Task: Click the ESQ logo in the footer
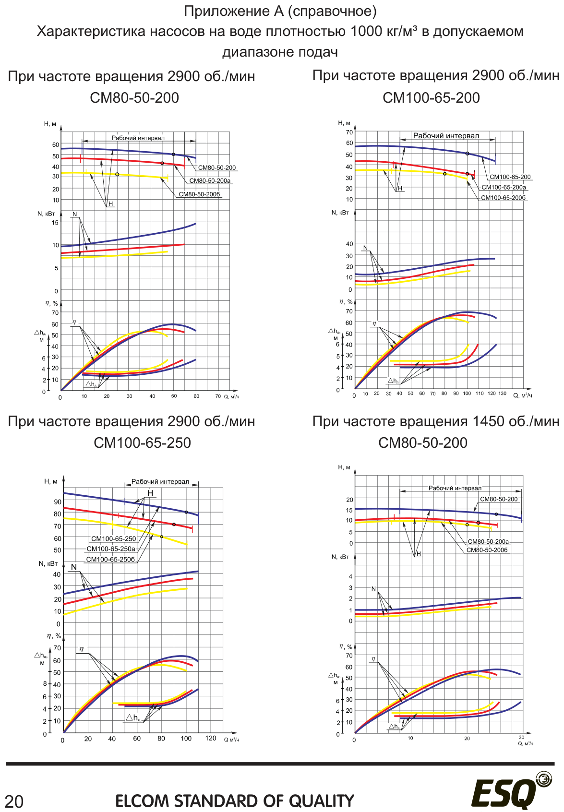[x=512, y=790]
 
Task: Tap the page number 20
[x=14, y=801]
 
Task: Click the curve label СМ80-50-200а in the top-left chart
[x=210, y=180]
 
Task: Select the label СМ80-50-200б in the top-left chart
[x=199, y=194]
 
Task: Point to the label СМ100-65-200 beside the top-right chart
[x=510, y=177]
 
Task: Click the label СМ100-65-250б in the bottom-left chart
[x=110, y=560]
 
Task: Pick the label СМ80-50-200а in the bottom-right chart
[x=488, y=542]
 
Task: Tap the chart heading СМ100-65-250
[x=143, y=442]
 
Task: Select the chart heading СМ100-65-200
[x=432, y=97]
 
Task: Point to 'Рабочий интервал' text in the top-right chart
[x=446, y=136]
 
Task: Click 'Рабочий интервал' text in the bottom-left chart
[x=160, y=481]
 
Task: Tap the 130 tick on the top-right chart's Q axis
[x=502, y=394]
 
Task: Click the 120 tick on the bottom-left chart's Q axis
[x=211, y=738]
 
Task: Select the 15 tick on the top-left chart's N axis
[x=55, y=223]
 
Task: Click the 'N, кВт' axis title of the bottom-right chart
[x=340, y=557]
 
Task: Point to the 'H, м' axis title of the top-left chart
[x=50, y=124]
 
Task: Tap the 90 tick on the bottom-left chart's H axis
[x=58, y=502]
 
